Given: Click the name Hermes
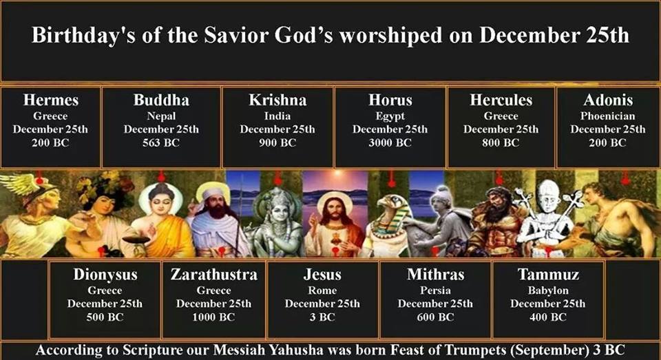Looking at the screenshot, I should pos(51,100).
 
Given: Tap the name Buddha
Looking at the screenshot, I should pos(161,100).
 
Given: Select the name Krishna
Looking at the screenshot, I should pos(277,100).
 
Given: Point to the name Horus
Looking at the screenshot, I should pos(390,100).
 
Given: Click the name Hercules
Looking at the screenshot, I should pos(501,100).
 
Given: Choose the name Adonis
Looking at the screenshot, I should pos(608,100).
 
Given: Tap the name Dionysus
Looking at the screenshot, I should pos(105,275).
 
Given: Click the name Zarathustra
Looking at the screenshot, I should pos(214,275).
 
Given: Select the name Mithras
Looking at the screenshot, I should pos(435,275).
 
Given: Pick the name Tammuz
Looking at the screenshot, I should pos(548,275).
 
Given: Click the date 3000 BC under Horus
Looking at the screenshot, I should pos(390,143).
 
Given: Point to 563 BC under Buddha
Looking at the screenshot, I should pos(161,143).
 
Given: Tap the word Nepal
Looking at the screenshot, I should pos(161,116).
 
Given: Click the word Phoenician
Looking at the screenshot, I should pos(608,116).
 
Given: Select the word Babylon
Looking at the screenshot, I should pos(548,290).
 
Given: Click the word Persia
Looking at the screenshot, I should pos(435,290).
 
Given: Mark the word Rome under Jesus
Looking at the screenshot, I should pos(322,290).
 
